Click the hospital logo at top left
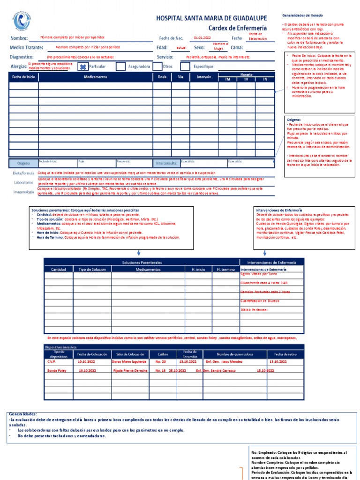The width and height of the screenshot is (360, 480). (x=20, y=21)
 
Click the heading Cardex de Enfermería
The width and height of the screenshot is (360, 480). (x=238, y=28)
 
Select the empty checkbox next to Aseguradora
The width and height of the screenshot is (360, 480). (x=120, y=67)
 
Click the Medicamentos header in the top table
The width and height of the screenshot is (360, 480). (x=95, y=76)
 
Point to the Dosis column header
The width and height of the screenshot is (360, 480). (x=162, y=76)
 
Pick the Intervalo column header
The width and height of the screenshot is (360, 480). (x=204, y=76)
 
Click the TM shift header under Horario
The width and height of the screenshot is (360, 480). (x=228, y=79)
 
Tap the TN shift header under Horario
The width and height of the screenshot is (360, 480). (x=265, y=79)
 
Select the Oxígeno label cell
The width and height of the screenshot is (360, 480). (x=23, y=163)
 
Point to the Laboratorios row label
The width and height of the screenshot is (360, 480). (x=23, y=182)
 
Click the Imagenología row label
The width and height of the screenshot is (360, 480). (x=23, y=192)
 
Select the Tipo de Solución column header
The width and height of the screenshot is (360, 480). (x=92, y=270)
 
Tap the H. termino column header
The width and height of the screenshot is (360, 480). (x=225, y=270)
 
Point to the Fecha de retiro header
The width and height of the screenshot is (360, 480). (x=285, y=354)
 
